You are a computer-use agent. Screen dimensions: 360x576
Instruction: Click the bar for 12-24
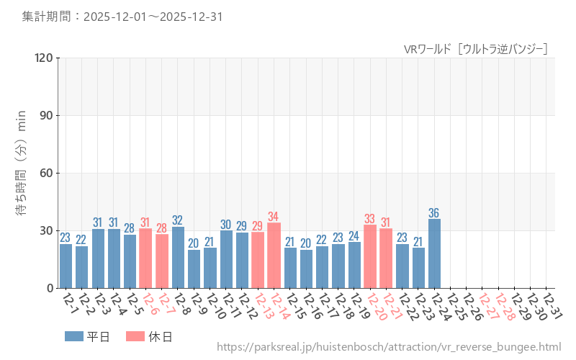click(434, 253)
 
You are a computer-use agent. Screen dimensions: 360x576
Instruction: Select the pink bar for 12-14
click(274, 256)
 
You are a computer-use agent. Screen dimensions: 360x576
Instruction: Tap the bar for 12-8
click(178, 257)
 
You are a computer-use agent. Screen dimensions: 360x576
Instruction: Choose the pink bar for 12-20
click(370, 256)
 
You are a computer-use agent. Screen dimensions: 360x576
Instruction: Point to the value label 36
click(434, 213)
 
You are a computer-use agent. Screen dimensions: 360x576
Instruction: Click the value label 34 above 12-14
click(274, 217)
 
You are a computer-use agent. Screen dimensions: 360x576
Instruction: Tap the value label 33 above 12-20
click(370, 219)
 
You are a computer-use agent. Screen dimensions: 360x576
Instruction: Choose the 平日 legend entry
click(87, 336)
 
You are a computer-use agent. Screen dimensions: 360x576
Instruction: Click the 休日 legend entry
click(149, 336)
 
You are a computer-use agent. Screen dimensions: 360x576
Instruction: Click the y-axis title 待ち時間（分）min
click(22, 173)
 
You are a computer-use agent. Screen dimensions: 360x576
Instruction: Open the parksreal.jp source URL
click(389, 348)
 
